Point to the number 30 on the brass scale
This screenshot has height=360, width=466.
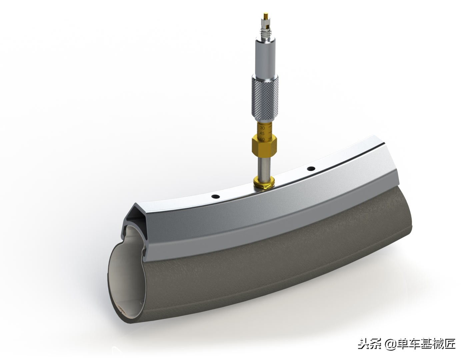[x=262, y=128]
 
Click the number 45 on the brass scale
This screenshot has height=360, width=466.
[x=262, y=133]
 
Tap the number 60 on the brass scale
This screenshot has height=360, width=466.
[x=262, y=139]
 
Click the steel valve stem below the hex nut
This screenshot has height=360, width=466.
[x=264, y=167]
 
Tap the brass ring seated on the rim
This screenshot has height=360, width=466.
[x=264, y=182]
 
